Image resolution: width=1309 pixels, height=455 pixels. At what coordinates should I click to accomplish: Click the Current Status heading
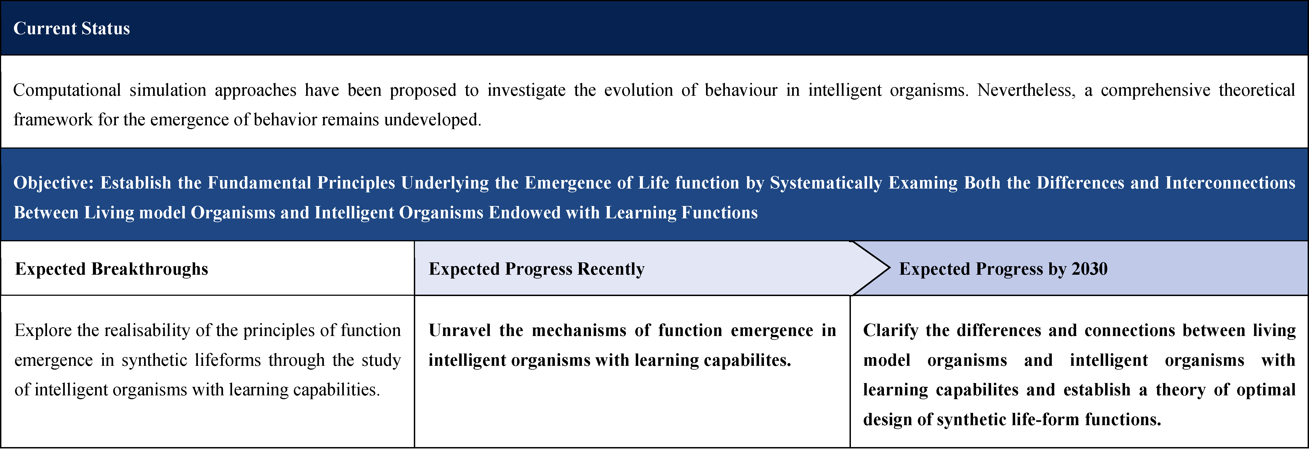(x=72, y=28)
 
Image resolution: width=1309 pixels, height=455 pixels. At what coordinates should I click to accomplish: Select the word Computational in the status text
(x=67, y=91)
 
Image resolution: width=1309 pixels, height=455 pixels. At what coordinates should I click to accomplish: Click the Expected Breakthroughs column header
(x=112, y=269)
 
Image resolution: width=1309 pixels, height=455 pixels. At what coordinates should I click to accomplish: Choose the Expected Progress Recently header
(x=537, y=269)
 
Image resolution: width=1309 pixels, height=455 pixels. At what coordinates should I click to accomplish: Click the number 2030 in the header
(x=1090, y=269)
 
